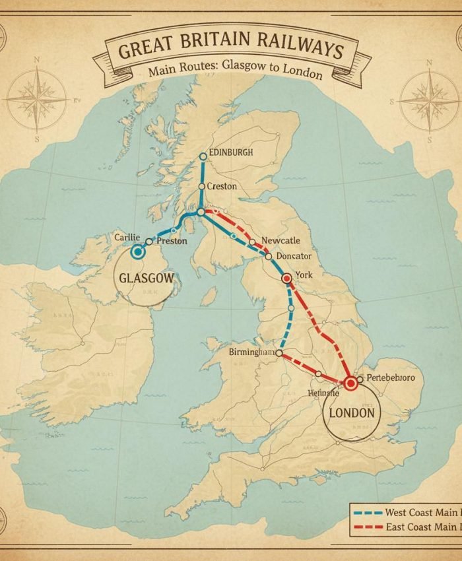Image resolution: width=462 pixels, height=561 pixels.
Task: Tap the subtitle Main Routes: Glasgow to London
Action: tap(235, 69)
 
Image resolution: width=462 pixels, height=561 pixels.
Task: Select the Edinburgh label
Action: tap(230, 152)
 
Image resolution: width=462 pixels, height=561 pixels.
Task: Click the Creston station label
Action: tap(221, 187)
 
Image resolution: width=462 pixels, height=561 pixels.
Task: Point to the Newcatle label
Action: tap(280, 241)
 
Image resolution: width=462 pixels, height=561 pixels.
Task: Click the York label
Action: tap(304, 275)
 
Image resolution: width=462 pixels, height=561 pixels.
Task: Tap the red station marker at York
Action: tap(286, 279)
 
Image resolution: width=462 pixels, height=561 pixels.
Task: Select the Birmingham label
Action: tap(251, 352)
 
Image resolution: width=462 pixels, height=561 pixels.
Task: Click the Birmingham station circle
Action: tap(279, 354)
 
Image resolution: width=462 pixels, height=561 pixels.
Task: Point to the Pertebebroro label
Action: tap(390, 378)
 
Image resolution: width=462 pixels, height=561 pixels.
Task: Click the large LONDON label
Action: tap(352, 414)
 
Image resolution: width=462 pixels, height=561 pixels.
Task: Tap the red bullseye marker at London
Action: tap(350, 382)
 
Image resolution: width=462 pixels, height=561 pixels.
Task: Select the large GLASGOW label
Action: tap(147, 278)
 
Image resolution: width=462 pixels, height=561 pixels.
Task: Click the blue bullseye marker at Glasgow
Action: tap(138, 251)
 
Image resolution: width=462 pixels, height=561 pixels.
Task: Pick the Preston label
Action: tap(172, 242)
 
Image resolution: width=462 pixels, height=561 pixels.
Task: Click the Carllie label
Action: tap(127, 237)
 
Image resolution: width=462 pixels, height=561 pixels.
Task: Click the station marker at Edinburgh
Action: tap(203, 156)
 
